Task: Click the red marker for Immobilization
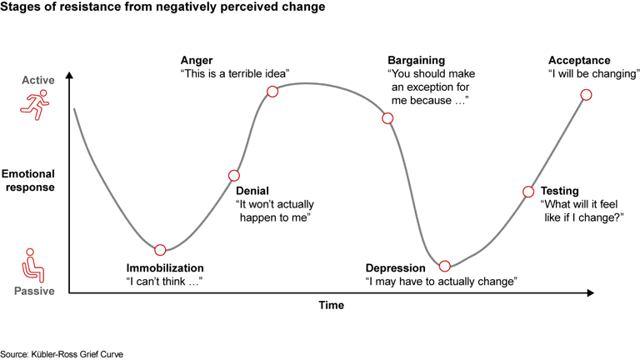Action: click(160, 249)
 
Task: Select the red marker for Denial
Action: click(234, 175)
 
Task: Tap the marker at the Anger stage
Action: click(272, 91)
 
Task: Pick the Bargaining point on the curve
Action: click(387, 117)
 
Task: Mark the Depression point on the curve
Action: click(445, 266)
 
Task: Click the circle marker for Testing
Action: click(527, 192)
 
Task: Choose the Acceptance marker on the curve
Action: click(586, 94)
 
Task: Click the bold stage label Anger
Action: click(197, 61)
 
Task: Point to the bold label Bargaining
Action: click(417, 61)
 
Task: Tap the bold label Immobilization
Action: click(165, 268)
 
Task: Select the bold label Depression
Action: click(396, 268)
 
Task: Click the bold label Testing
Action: click(559, 191)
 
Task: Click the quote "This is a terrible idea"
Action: click(235, 74)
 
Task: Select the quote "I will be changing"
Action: click(593, 74)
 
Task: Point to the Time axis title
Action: click(331, 306)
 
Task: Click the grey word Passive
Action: click(34, 292)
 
